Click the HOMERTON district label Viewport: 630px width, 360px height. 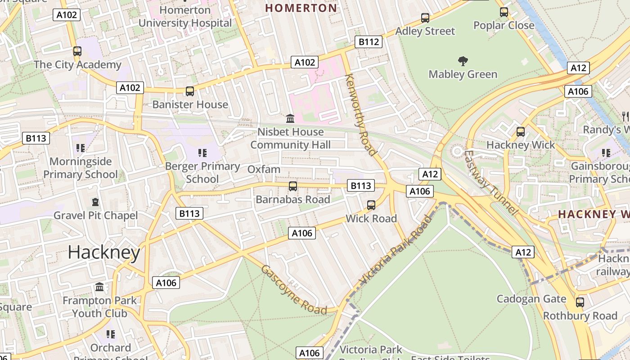click(x=301, y=8)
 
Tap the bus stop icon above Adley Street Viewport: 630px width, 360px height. click(x=425, y=18)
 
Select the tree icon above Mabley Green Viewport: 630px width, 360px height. click(x=463, y=61)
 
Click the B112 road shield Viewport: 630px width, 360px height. click(x=369, y=42)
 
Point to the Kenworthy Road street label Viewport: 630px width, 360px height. click(x=360, y=115)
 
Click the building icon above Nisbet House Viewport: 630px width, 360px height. click(x=290, y=119)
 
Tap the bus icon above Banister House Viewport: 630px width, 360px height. click(x=190, y=91)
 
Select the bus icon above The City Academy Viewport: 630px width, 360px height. click(x=77, y=51)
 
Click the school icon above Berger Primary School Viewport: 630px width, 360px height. click(x=202, y=153)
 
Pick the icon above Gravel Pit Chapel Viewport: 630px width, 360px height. click(x=95, y=202)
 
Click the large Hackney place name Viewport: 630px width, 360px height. click(x=104, y=252)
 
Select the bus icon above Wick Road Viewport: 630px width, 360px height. click(x=371, y=205)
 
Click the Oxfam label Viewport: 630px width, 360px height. click(x=264, y=170)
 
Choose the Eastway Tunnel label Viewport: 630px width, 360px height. click(x=491, y=182)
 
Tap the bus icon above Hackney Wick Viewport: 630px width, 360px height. click(x=521, y=132)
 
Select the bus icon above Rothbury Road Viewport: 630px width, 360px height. click(x=580, y=302)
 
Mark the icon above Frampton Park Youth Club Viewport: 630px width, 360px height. click(x=99, y=287)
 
